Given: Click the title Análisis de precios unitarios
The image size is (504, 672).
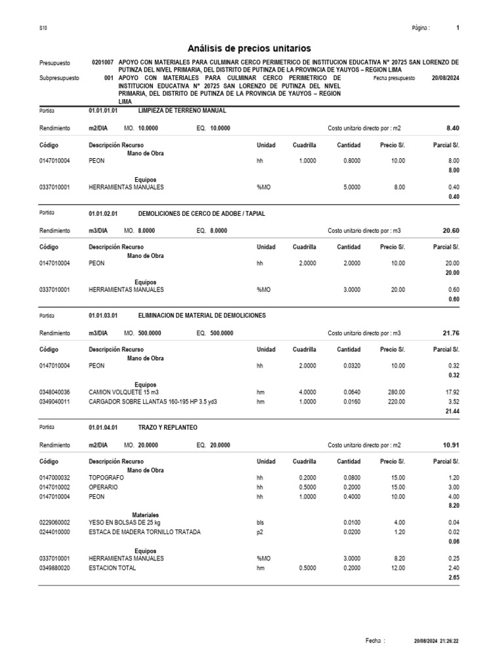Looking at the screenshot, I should [249, 48].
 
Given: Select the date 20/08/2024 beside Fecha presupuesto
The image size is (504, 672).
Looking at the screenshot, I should [446, 77].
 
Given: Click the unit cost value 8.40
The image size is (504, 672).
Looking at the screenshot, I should [452, 128].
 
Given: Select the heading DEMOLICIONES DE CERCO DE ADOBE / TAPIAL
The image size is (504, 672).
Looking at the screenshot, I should [202, 214].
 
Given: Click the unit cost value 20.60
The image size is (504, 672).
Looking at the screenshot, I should [451, 230].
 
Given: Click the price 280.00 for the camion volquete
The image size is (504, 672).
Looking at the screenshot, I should [396, 392].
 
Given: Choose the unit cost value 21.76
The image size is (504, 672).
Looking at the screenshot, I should [451, 333].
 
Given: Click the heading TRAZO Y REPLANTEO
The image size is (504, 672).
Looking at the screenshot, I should [167, 427].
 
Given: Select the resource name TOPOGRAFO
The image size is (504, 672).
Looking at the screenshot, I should [106, 478].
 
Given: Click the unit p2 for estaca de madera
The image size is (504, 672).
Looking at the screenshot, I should [260, 532].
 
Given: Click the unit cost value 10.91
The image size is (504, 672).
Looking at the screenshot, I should [451, 445].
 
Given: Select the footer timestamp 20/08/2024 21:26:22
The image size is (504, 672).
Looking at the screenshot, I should [436, 640].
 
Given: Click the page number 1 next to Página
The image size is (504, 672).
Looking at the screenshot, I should [457, 28].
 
